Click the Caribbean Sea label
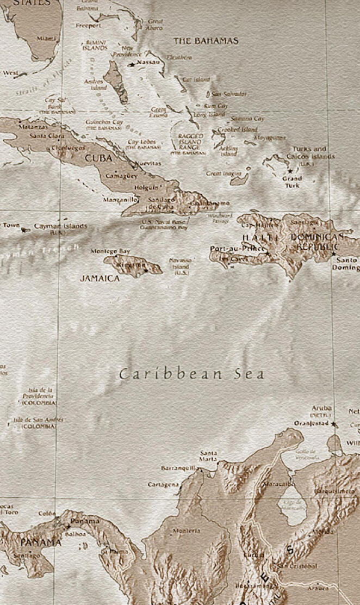pos(191,374)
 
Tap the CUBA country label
pos(98,158)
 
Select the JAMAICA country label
pos(100,278)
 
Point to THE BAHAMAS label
pos(206,41)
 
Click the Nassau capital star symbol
pos(132,64)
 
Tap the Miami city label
pos(46,39)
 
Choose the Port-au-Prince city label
pos(237,249)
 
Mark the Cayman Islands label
pos(60,226)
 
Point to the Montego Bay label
pos(110,251)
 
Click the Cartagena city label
pos(163,484)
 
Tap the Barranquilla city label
pos(178,467)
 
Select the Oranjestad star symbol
pos(333,424)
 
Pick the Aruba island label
pos(321,408)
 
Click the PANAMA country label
pos(41,542)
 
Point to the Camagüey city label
pos(122,176)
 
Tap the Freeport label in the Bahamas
pos(88,26)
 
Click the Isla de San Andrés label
pos(38,420)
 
